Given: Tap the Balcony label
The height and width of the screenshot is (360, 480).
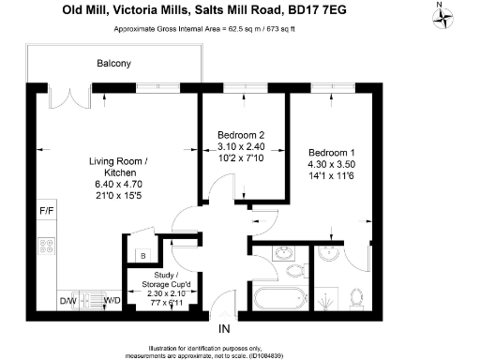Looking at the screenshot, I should pos(113,64).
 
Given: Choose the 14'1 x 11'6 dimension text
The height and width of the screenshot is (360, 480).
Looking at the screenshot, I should pos(333,174).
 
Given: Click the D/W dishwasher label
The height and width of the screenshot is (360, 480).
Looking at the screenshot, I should pos(67,301).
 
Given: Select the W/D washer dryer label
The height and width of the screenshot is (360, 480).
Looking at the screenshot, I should pos(111,301).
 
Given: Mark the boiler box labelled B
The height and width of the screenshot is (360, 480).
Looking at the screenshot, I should pos(142,254).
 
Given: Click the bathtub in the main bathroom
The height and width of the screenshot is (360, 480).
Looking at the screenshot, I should pos(279,299).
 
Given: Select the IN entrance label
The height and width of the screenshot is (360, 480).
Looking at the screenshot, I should pos(224,330).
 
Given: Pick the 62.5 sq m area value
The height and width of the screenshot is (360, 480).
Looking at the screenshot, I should pos(265,29).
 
